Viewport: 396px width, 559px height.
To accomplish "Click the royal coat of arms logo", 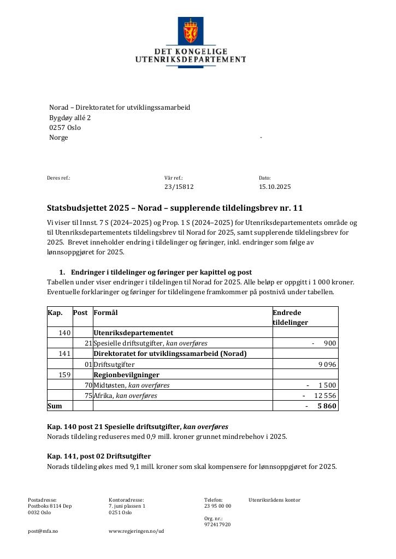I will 191,31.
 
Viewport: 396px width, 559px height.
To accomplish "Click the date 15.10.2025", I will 275,187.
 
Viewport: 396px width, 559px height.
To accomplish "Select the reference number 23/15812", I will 179,187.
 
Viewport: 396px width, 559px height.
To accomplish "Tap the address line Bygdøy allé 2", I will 70,117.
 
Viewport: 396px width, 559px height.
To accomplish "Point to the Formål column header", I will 105,313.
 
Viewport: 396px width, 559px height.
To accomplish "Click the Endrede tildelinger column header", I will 290,317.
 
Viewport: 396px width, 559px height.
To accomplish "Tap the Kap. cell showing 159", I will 64,375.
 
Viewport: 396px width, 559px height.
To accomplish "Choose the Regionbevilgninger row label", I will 126,375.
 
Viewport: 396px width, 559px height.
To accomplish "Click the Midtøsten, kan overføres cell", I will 132,385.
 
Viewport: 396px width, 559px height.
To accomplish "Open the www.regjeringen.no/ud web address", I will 136,531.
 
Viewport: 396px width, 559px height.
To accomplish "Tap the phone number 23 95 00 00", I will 217,506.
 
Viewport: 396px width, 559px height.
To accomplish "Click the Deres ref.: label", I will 58,178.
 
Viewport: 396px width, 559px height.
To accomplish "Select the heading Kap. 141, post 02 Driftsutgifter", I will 99,456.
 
